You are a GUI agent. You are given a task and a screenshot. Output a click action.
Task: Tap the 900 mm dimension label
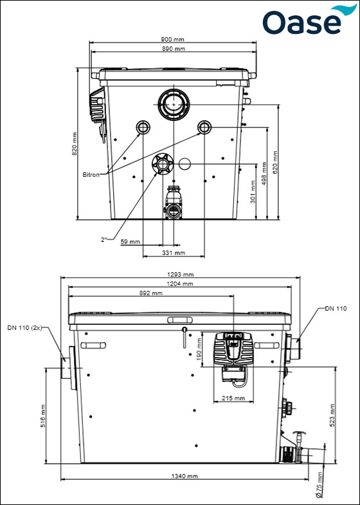coord(173,40)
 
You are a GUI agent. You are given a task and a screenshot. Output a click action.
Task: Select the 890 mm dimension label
coord(173,49)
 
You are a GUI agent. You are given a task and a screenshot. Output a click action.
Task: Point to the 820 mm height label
coord(75,144)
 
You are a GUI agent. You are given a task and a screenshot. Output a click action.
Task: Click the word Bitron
coord(91,175)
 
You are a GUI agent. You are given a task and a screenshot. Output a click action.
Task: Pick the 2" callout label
coord(104,239)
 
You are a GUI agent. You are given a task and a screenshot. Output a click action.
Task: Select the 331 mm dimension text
coord(174,253)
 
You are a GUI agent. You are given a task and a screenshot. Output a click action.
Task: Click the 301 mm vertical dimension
coord(253,192)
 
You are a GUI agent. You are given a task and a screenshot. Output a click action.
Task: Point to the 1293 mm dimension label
coord(181,275)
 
